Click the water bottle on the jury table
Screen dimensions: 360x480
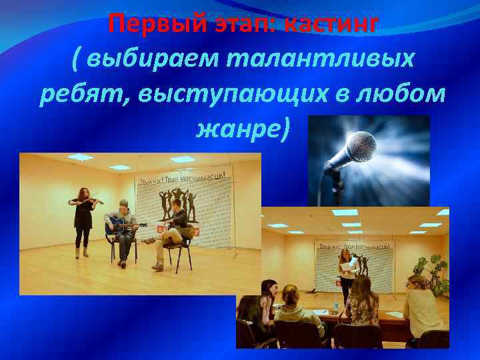[335, 308]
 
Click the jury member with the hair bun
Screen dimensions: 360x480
[293, 310]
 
